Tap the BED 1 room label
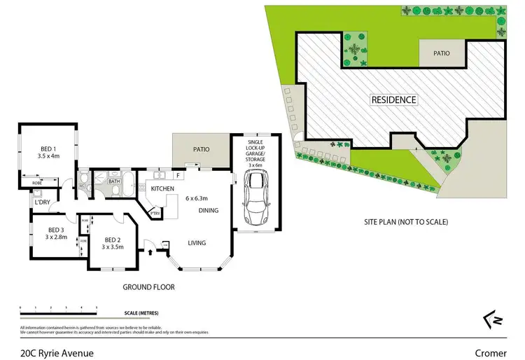(x=49, y=148)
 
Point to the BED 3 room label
(x=57, y=230)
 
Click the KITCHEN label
(x=162, y=189)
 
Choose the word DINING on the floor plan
(x=209, y=210)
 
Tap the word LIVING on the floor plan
(x=197, y=243)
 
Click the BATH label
(x=115, y=181)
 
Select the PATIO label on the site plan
(x=442, y=53)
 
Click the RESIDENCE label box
(x=393, y=100)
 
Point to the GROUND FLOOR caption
(x=149, y=287)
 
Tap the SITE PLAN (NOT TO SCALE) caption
(x=406, y=222)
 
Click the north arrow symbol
(x=493, y=319)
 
